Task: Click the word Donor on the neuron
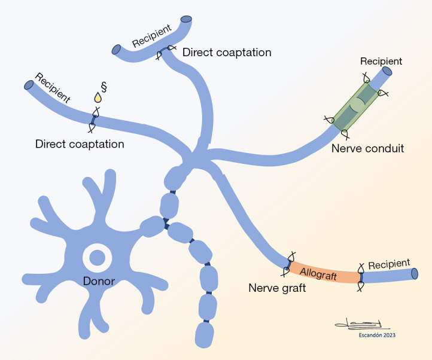[99, 281]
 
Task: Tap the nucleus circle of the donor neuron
[98, 258]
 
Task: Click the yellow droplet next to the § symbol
[98, 97]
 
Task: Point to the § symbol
[104, 87]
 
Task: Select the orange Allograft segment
[324, 273]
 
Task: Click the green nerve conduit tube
[355, 106]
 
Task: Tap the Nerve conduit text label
[367, 148]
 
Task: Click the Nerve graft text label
[277, 288]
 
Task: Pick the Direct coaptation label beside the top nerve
[227, 53]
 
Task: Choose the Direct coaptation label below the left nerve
[80, 144]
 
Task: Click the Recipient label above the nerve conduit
[381, 61]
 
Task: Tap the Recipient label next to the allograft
[389, 264]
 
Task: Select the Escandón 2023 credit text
[377, 335]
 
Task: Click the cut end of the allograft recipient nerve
[415, 274]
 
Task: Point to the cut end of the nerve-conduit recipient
[386, 71]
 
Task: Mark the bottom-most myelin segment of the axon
[204, 335]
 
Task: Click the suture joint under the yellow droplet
[94, 120]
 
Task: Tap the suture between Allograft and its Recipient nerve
[360, 277]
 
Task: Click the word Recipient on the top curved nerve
[152, 36]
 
